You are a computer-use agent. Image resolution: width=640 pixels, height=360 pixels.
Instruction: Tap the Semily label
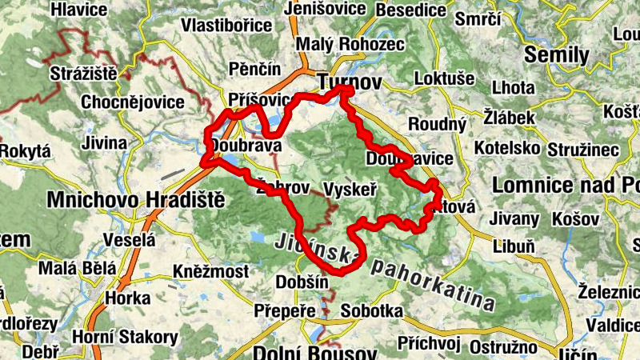point(558,55)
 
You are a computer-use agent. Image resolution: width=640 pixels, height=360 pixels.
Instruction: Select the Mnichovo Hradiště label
point(136,200)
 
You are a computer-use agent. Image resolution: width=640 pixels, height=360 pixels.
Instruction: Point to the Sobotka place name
point(371,310)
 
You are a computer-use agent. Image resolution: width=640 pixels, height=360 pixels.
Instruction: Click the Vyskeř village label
point(351,189)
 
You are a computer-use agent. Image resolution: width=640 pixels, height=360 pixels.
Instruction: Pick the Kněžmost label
point(210,273)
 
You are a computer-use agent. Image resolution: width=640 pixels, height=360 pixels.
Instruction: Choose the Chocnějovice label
point(133,102)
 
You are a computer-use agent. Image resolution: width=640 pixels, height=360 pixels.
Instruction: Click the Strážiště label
point(83,74)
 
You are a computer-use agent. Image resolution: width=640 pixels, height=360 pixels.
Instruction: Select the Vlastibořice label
point(226,25)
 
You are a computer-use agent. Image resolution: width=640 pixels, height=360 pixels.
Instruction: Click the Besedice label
point(410,10)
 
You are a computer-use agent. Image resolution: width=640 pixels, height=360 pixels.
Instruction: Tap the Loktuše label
point(445,78)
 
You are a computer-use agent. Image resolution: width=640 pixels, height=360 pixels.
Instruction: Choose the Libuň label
point(514,246)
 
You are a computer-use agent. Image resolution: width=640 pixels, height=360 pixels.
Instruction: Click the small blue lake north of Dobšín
point(258,238)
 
